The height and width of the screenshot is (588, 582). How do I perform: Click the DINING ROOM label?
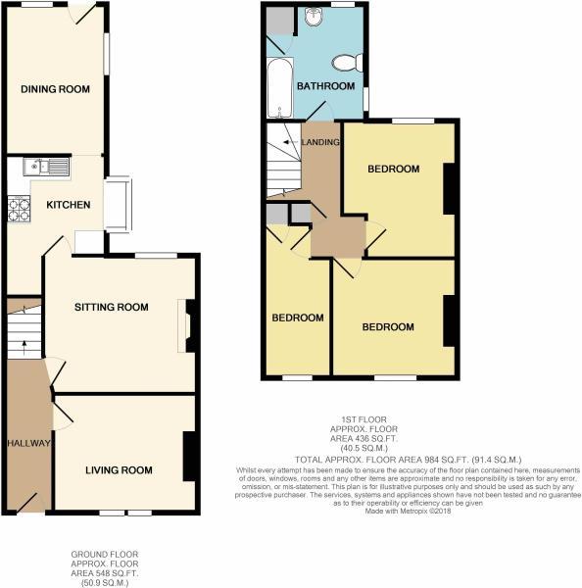pyautogui.click(x=56, y=89)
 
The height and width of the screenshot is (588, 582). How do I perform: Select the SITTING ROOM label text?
pyautogui.click(x=112, y=307)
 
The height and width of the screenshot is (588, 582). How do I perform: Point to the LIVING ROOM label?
pyautogui.click(x=119, y=470)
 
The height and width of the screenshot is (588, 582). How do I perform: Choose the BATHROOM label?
pyautogui.click(x=326, y=86)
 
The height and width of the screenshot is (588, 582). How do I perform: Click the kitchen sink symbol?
pyautogui.click(x=45, y=167)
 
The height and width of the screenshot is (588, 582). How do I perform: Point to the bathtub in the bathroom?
pyautogui.click(x=279, y=89)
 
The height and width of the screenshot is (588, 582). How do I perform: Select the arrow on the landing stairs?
pyautogui.click(x=287, y=143)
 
